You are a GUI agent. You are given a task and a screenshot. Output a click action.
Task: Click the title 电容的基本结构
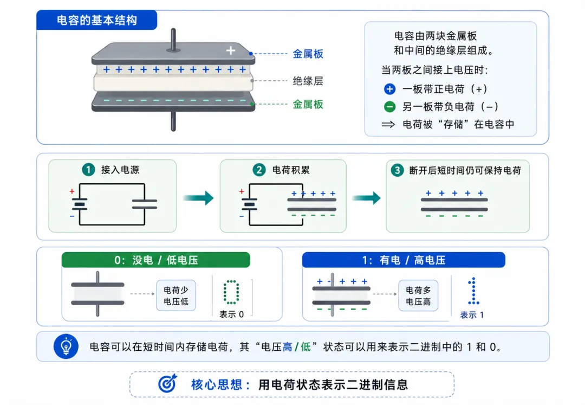click(97, 20)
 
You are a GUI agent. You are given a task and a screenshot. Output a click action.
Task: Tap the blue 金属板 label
click(308, 54)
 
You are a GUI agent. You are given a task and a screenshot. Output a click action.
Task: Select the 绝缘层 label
click(308, 81)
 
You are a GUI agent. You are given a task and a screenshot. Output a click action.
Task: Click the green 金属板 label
click(308, 104)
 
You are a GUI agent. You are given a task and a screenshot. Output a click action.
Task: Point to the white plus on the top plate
click(231, 50)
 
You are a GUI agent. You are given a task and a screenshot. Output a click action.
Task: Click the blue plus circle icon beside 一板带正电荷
click(389, 89)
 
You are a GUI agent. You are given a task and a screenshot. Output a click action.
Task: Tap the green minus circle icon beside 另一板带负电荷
click(389, 107)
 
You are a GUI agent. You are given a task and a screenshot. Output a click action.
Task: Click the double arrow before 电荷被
click(388, 124)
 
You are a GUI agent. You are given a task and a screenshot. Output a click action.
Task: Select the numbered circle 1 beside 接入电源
click(88, 170)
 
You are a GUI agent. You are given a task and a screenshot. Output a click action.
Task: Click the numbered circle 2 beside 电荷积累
click(259, 170)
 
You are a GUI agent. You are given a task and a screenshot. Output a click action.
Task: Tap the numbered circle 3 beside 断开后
click(397, 171)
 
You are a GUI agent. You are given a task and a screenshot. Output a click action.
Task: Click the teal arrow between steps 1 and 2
click(198, 198)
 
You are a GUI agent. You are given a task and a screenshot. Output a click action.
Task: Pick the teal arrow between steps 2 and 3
click(366, 198)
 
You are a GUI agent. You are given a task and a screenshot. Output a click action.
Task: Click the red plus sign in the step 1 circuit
click(71, 191)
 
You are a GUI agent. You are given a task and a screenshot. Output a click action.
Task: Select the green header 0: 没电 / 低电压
click(156, 260)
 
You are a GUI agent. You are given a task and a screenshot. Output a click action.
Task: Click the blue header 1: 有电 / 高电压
click(404, 260)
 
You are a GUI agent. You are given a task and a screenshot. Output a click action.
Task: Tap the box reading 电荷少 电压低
click(176, 295)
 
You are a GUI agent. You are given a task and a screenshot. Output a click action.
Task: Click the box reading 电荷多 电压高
click(418, 295)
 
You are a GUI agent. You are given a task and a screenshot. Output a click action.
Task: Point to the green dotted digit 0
click(231, 292)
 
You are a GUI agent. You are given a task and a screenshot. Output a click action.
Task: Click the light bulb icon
click(66, 346)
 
